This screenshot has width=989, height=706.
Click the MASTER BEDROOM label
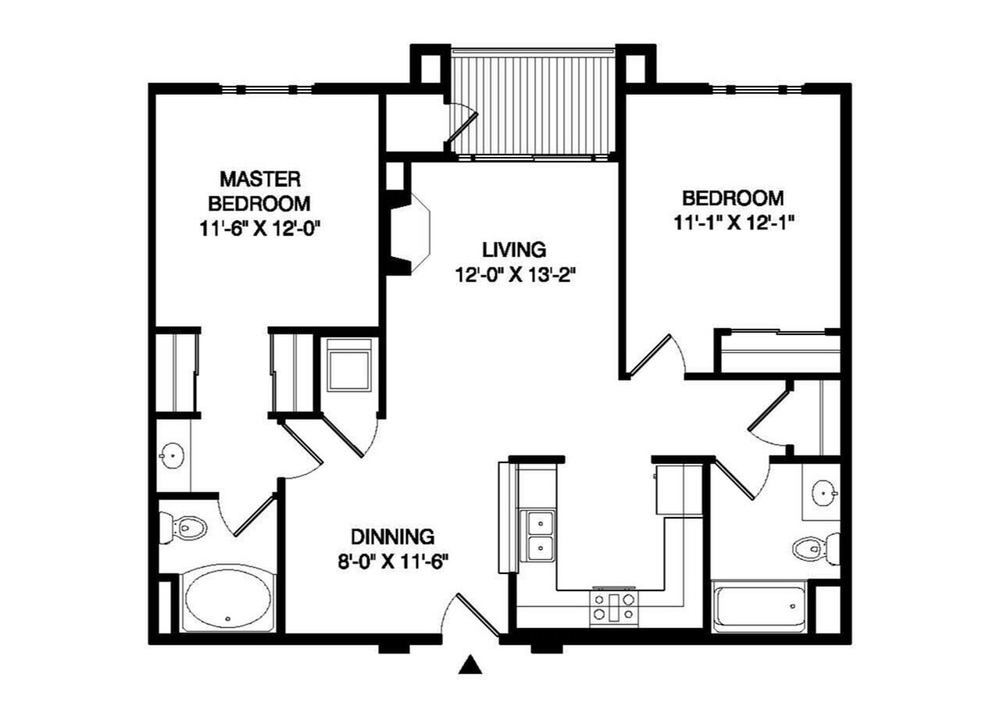259,191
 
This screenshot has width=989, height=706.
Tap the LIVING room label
513,250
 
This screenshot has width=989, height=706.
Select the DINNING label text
392,537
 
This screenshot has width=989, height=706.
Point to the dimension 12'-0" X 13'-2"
513,275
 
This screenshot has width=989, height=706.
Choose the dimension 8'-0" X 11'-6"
392,562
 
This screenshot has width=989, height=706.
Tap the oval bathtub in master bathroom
227,598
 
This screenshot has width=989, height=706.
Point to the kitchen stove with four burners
613,607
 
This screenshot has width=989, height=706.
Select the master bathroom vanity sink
171,453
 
